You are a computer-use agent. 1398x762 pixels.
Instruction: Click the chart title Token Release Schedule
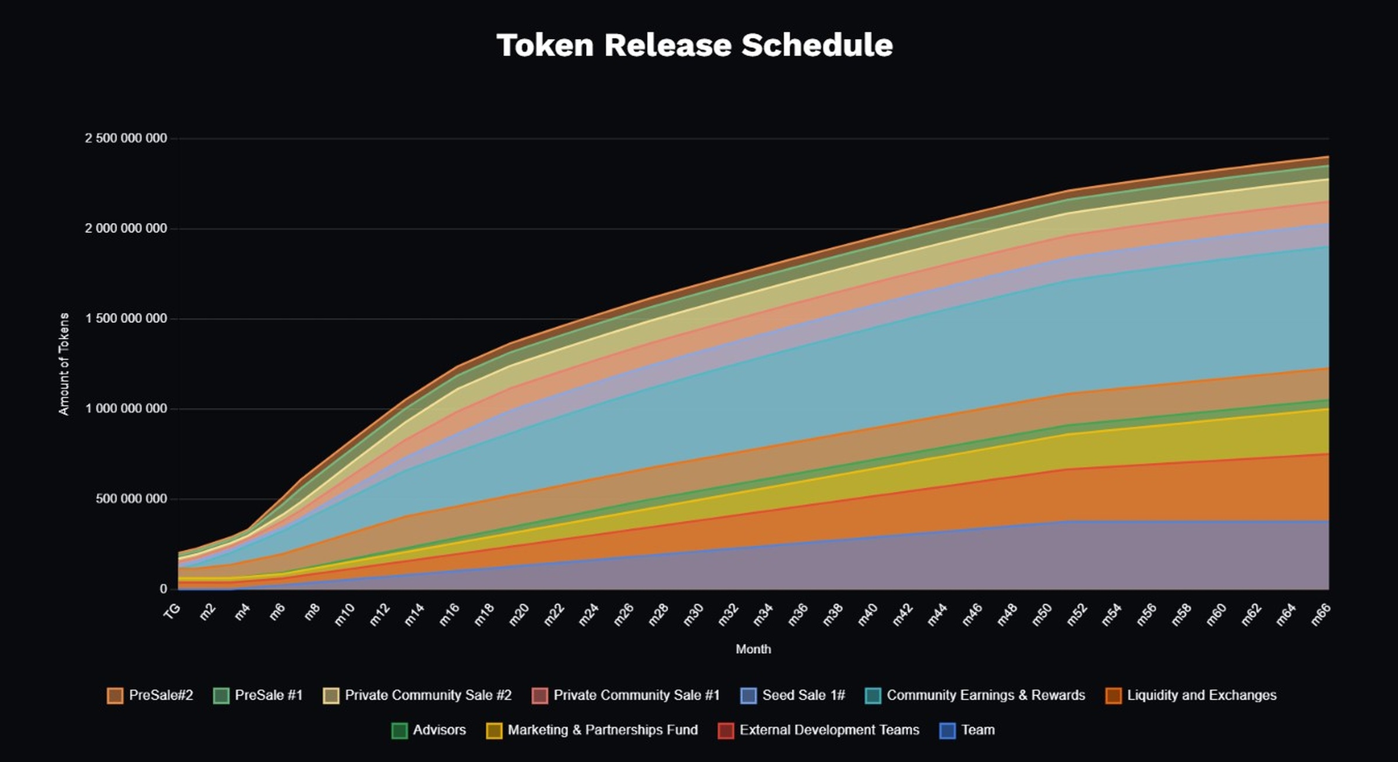click(x=694, y=45)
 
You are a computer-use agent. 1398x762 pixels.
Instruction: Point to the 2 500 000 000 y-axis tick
click(x=126, y=139)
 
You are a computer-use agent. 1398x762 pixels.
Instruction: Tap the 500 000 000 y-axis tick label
click(x=131, y=499)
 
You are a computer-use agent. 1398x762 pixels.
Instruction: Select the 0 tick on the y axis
click(x=164, y=589)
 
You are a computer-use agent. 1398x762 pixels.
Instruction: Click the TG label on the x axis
click(x=172, y=612)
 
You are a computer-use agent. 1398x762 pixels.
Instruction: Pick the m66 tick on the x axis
click(x=1320, y=615)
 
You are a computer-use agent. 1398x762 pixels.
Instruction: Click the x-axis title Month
click(x=753, y=649)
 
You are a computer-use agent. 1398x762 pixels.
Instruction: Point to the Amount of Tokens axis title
click(x=64, y=364)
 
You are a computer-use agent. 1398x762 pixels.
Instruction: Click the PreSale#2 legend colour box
click(x=115, y=696)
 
